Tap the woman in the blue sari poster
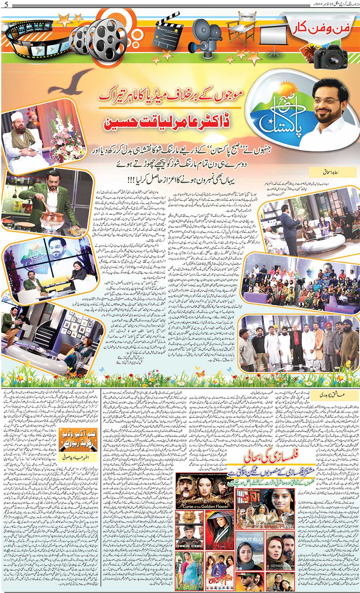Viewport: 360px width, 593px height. tap(189, 570)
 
